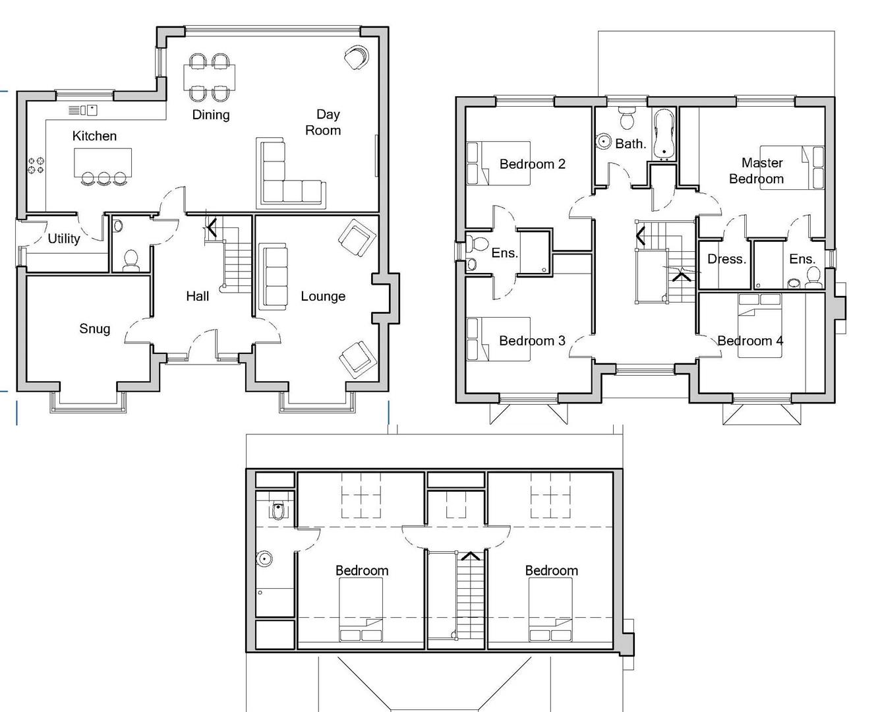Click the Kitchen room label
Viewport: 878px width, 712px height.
pyautogui.click(x=94, y=136)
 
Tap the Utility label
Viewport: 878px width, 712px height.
pyautogui.click(x=64, y=239)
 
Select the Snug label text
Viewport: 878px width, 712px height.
pyautogui.click(x=94, y=328)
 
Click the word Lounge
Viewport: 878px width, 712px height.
pyautogui.click(x=323, y=296)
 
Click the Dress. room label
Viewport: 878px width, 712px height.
pyautogui.click(x=726, y=259)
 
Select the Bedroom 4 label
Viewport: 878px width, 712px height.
pyautogui.click(x=750, y=341)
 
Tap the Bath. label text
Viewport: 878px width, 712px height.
pyautogui.click(x=631, y=144)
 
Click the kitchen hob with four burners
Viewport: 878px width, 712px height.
pyautogui.click(x=36, y=165)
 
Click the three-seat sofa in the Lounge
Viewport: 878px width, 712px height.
pyautogui.click(x=273, y=276)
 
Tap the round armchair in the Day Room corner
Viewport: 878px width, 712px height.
pyautogui.click(x=356, y=58)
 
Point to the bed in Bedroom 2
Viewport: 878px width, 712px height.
pyautogui.click(x=499, y=163)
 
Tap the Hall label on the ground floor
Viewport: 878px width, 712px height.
pyautogui.click(x=197, y=296)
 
